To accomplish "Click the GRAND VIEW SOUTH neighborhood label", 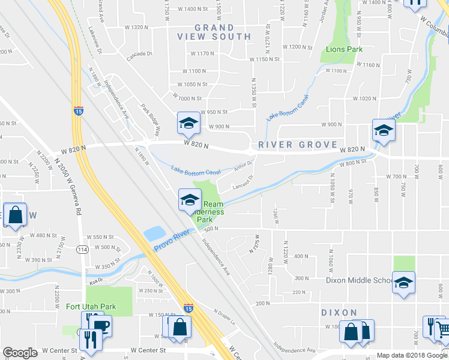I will pos(214,32).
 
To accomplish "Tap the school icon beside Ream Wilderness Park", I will pos(190,199).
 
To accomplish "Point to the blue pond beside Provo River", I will pos(154,233).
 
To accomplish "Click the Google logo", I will pos(20,353).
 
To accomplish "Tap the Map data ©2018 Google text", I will pos(412,355).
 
